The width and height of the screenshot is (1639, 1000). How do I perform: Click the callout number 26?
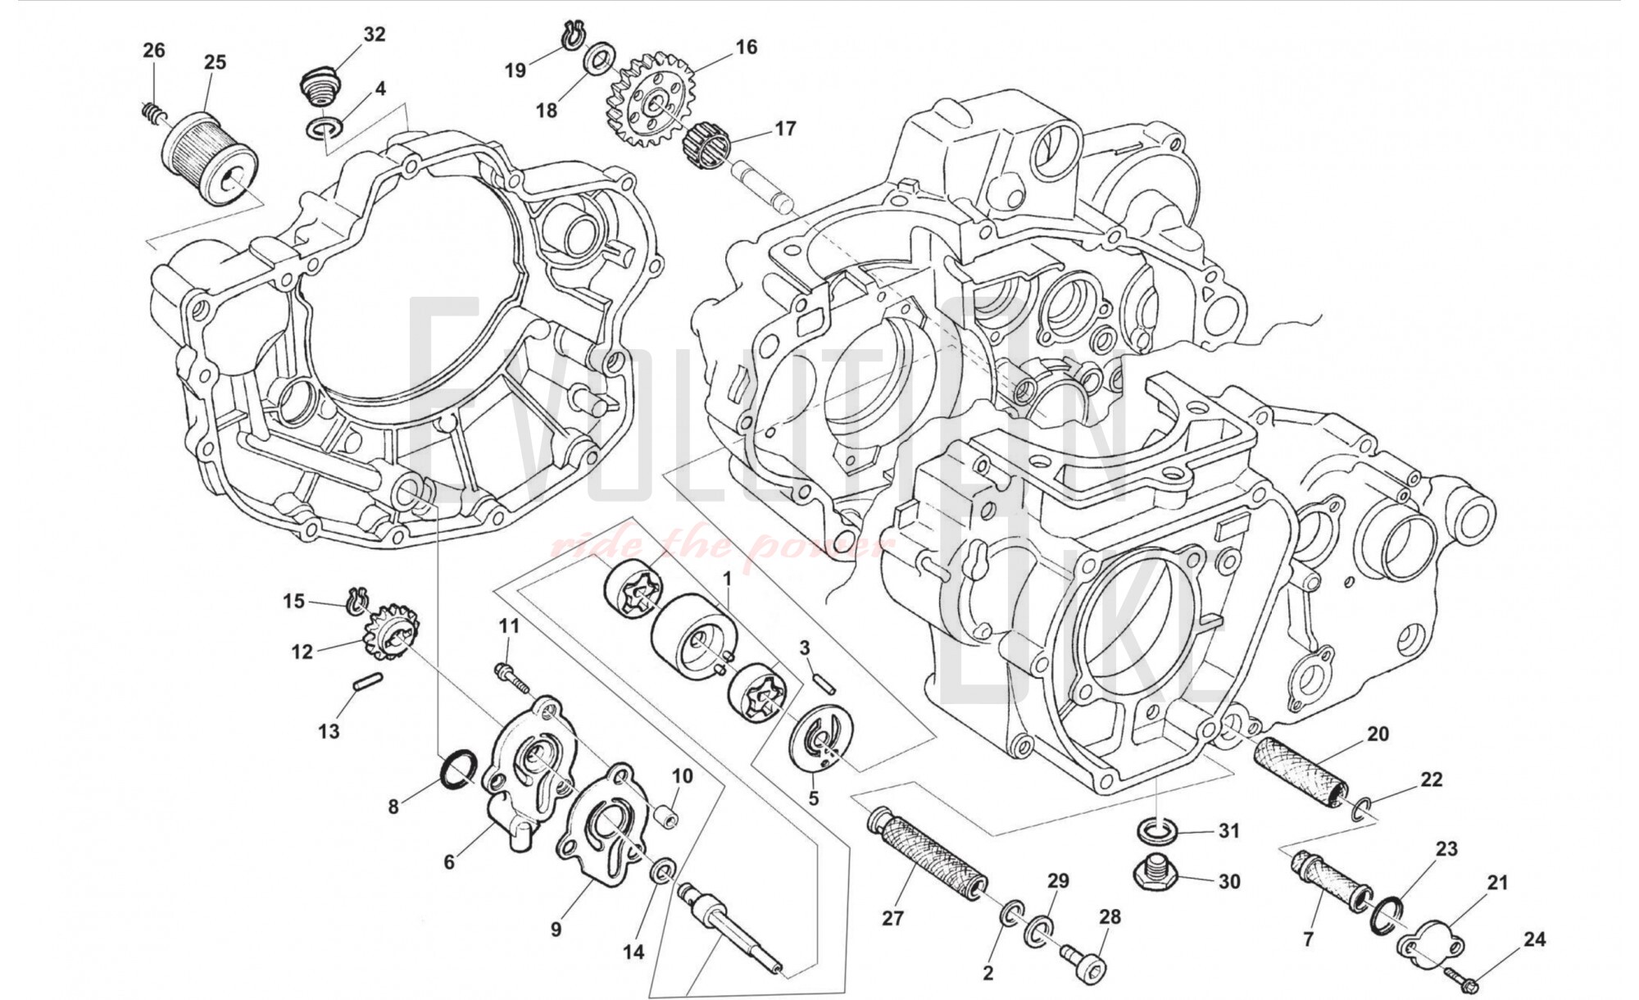point(153,51)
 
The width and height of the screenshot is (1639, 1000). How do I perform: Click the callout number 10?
point(683,775)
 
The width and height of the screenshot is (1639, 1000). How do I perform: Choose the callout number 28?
point(1110,917)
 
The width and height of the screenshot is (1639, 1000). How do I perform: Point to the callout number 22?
point(1431,780)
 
